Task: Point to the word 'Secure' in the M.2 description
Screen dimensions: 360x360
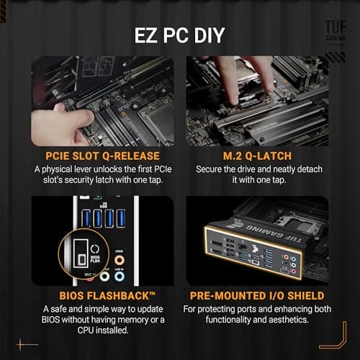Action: point(211,168)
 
